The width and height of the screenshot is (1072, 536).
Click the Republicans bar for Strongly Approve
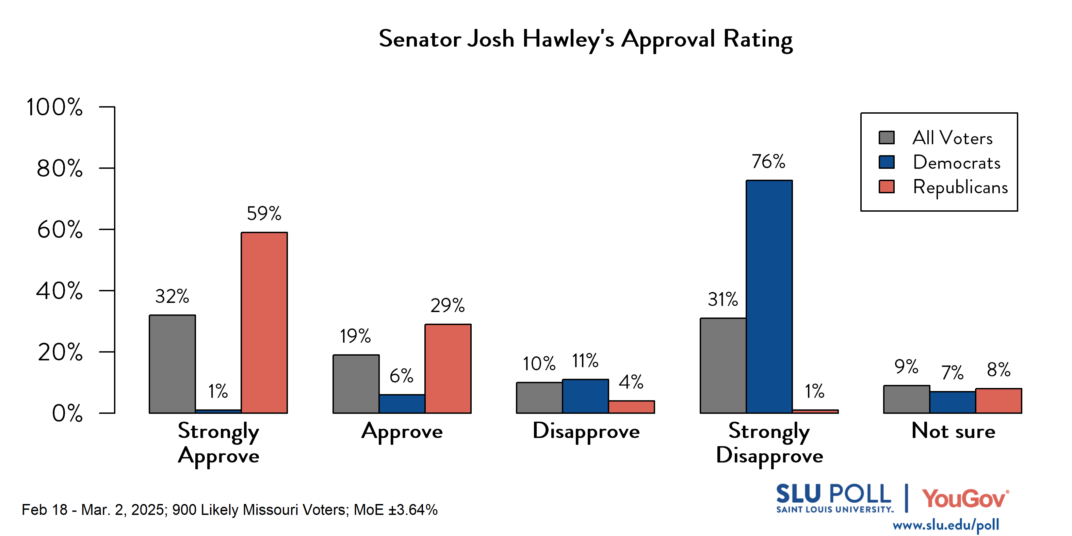coord(264,323)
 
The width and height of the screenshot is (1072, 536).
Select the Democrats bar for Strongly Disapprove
coord(769,296)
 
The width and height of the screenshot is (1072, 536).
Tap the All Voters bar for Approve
coord(356,384)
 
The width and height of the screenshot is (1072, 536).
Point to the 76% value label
coord(768,161)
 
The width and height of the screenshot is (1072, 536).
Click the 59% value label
coord(264,213)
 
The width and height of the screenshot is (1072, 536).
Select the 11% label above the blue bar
coord(585,360)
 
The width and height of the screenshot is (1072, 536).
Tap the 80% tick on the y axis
coord(60,168)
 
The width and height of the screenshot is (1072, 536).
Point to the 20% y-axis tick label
coord(60,352)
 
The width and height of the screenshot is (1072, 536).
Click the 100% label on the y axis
coord(54,107)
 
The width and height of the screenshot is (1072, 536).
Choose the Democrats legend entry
coord(956,162)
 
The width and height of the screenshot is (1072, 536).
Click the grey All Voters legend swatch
coord(887,138)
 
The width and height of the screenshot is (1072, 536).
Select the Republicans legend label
coord(960,187)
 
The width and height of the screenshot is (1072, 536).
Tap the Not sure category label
coord(953,431)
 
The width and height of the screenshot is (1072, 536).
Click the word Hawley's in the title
coord(568,39)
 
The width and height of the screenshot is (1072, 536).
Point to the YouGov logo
coord(965,499)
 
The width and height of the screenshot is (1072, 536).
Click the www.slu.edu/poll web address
coord(945,525)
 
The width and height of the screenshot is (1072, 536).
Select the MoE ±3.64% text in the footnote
coord(395,510)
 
